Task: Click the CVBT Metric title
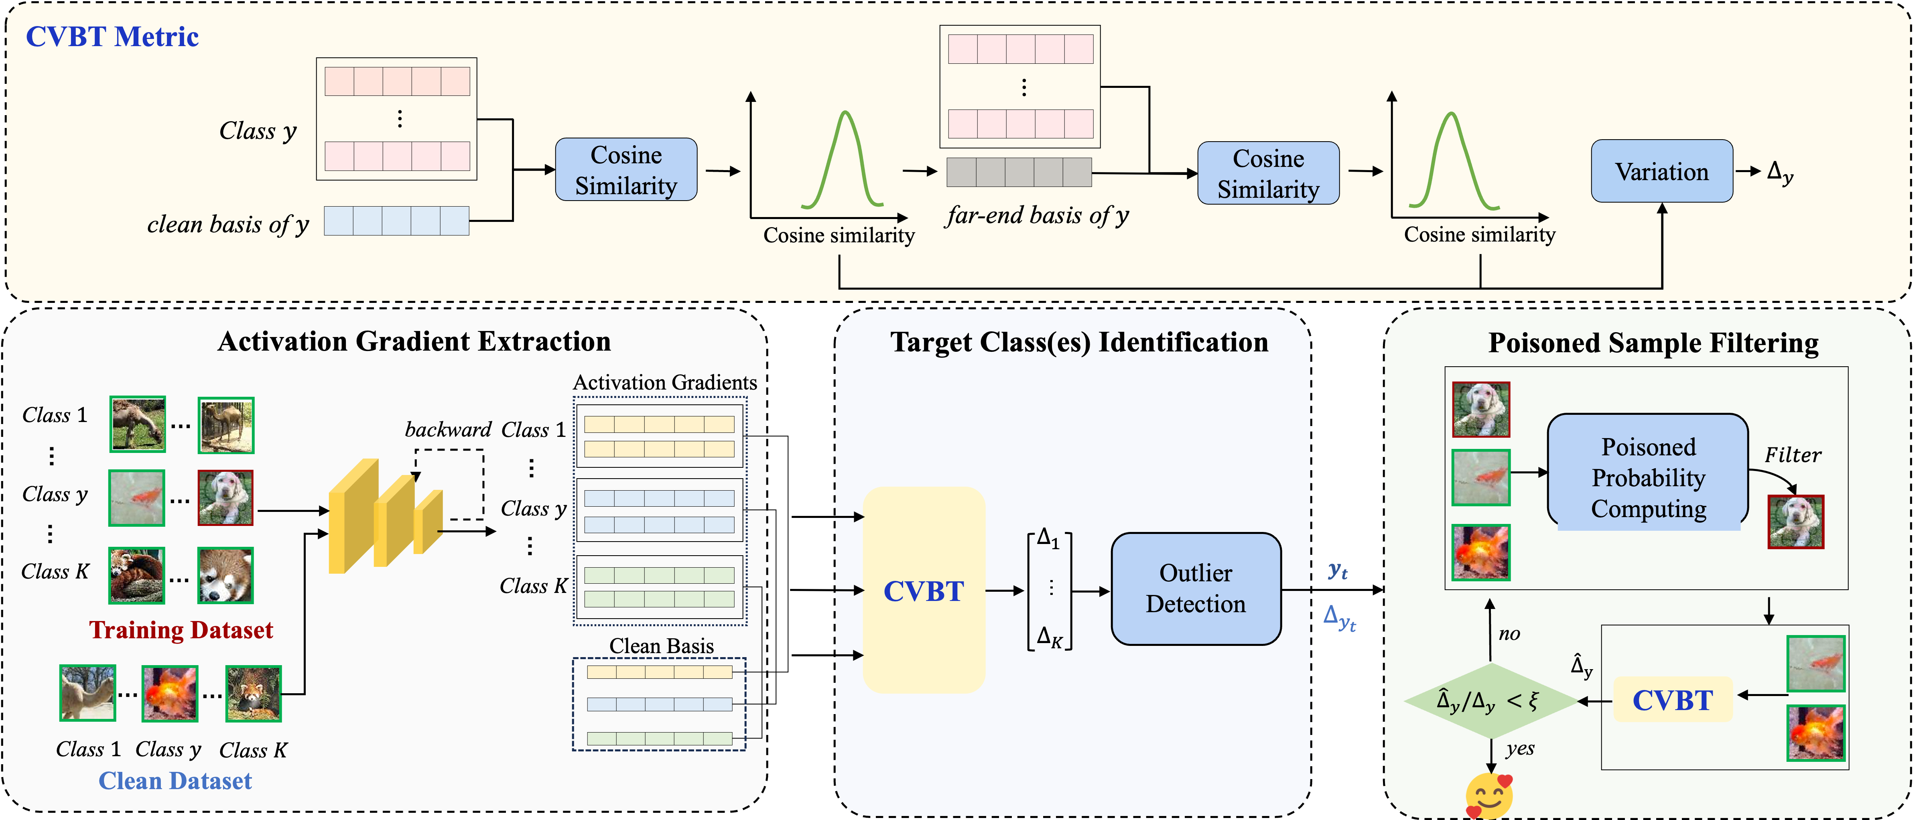(x=112, y=37)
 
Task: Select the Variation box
(x=1661, y=171)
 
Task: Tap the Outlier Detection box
(x=1196, y=588)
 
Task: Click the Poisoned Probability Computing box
(x=1648, y=477)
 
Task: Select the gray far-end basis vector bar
(x=1019, y=172)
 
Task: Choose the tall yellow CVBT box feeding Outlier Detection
(x=924, y=591)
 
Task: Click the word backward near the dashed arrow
(x=448, y=430)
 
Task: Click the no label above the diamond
(x=1509, y=634)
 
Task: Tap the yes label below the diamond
(x=1520, y=749)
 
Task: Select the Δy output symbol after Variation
(x=1779, y=173)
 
